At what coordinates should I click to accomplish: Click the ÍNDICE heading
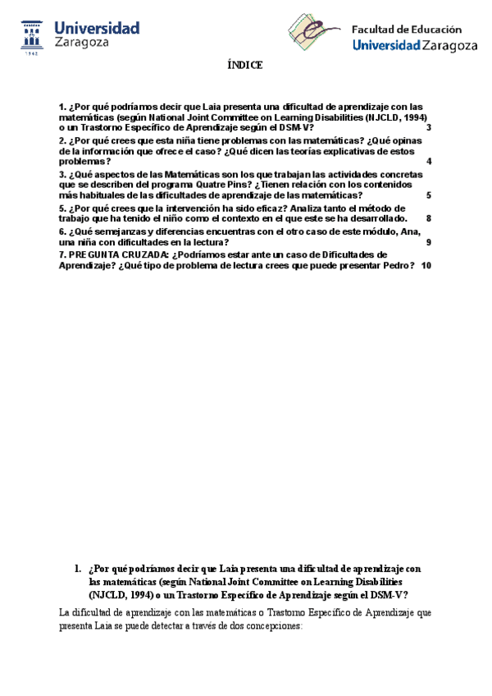[245, 66]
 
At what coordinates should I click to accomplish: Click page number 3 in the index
[429, 127]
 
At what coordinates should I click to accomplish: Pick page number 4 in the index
[429, 162]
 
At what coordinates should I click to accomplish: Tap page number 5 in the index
[429, 196]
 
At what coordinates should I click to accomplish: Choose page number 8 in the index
[429, 219]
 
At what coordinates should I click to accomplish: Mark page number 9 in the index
[429, 242]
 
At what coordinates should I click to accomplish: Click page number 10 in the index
[426, 265]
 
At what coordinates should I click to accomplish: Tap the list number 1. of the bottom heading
[77, 568]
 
